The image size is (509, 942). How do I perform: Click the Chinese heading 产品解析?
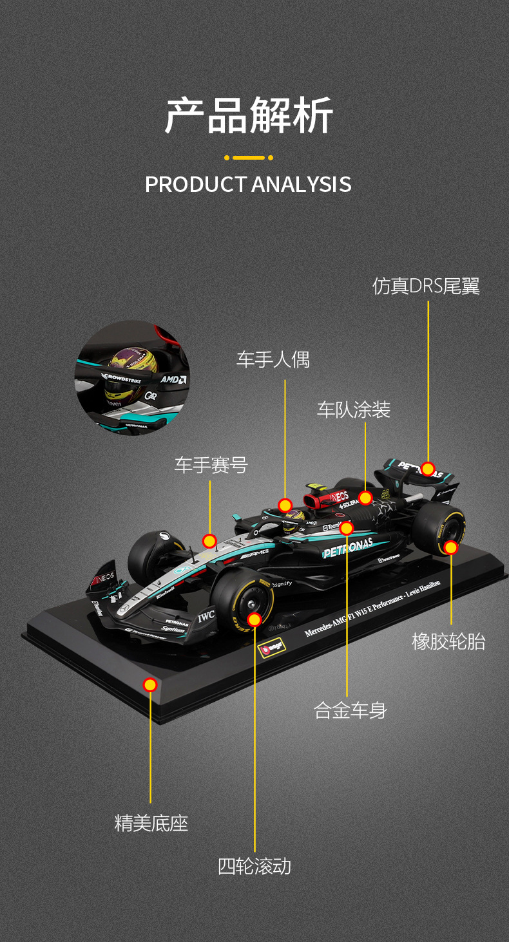pyautogui.click(x=249, y=116)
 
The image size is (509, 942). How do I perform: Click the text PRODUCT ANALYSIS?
pyautogui.click(x=248, y=184)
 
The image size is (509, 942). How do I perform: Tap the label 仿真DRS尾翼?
pyautogui.click(x=426, y=287)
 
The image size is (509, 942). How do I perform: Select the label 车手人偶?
pyautogui.click(x=273, y=359)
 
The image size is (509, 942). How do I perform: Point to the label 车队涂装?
pyautogui.click(x=353, y=410)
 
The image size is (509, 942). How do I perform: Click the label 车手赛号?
pyautogui.click(x=211, y=465)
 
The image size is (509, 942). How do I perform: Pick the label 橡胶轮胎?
pyautogui.click(x=448, y=641)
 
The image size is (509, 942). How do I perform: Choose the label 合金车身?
pyautogui.click(x=350, y=710)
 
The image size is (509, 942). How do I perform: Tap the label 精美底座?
pyautogui.click(x=151, y=823)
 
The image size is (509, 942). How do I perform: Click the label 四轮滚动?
pyautogui.click(x=254, y=866)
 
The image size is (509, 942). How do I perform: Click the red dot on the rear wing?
pyautogui.click(x=428, y=469)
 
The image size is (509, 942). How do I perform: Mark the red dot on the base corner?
pyautogui.click(x=150, y=684)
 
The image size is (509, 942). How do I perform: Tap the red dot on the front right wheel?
pyautogui.click(x=254, y=619)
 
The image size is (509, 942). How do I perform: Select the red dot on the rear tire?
pyautogui.click(x=451, y=547)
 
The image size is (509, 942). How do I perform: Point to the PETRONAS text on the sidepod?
pyautogui.click(x=348, y=549)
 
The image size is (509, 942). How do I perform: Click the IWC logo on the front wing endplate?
pyautogui.click(x=206, y=616)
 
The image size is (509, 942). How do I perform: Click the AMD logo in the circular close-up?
pyautogui.click(x=173, y=380)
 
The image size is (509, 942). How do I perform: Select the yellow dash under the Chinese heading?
pyautogui.click(x=249, y=158)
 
